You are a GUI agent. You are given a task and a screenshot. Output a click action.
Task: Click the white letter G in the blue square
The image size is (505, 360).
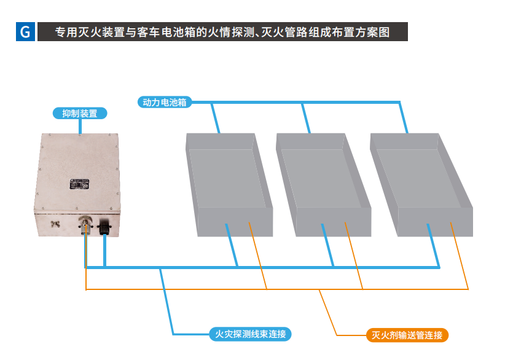(x=25, y=32)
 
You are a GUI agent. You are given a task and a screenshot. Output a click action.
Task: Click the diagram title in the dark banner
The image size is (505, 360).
(x=222, y=32)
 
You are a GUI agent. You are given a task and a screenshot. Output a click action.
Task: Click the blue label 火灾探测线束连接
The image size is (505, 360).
(x=248, y=334)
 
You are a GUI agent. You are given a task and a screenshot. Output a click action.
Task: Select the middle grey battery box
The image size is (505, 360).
(x=323, y=184)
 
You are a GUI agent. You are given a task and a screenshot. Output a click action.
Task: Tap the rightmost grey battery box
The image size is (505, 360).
(x=421, y=184)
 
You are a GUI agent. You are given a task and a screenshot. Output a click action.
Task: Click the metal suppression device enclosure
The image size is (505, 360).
(x=77, y=184)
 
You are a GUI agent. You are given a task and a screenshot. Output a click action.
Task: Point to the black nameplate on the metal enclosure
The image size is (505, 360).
(x=79, y=182)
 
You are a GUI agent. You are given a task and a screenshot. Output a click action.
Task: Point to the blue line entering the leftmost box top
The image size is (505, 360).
(x=214, y=118)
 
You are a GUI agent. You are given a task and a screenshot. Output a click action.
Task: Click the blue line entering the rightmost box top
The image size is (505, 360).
(x=404, y=118)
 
